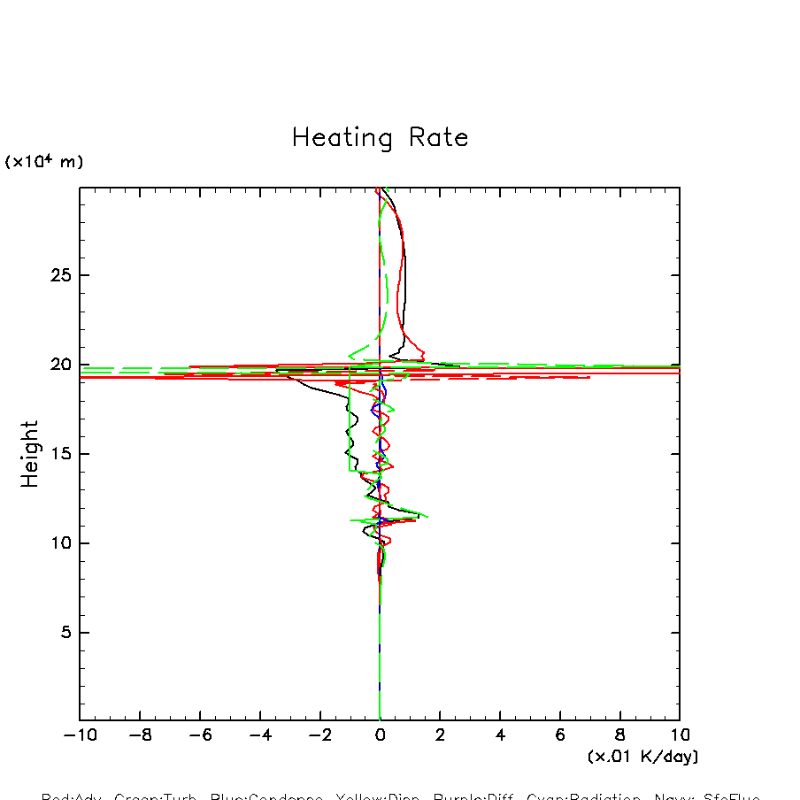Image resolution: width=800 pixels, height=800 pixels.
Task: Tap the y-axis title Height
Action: pos(30,454)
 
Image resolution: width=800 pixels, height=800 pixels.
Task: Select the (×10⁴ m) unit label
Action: pos(44,162)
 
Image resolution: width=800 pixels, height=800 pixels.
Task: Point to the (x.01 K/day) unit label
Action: pos(643,757)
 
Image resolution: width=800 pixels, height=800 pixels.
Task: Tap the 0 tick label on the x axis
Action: pos(380,735)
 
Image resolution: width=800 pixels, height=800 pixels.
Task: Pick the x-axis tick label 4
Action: pos(500,735)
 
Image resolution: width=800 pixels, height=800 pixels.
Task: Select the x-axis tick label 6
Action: pos(560,735)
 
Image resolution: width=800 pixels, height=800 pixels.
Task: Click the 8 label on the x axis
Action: pos(619,735)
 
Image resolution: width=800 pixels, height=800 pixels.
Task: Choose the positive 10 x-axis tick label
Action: pos(680,735)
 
